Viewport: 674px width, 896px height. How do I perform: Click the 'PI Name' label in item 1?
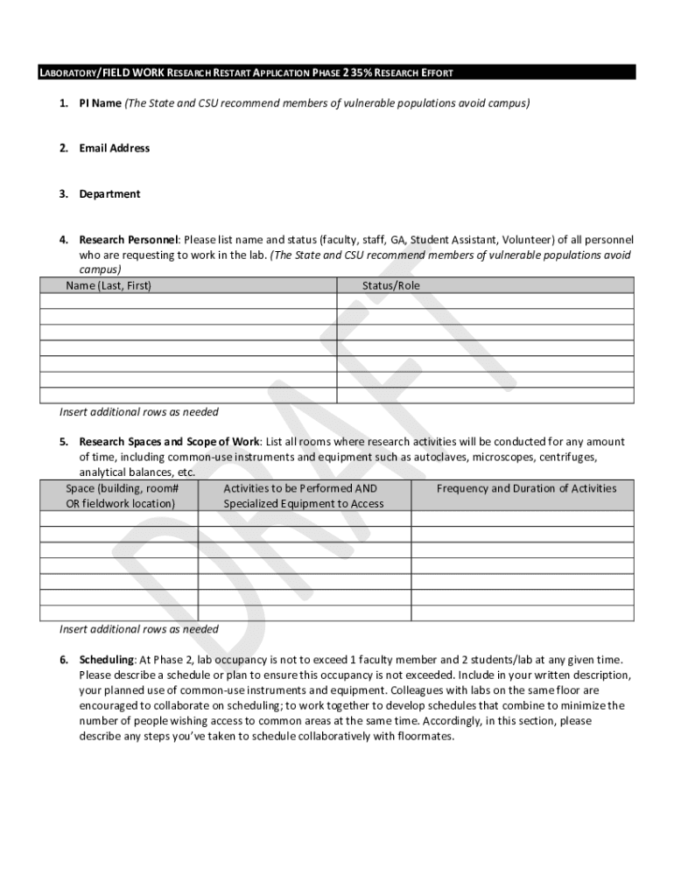click(x=100, y=103)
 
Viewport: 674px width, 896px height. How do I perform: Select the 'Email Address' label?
click(x=114, y=149)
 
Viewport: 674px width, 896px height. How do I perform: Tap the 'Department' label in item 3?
click(x=109, y=194)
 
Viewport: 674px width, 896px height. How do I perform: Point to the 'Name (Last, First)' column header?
click(x=109, y=286)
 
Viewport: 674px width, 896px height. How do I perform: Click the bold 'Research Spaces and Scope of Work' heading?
click(x=169, y=442)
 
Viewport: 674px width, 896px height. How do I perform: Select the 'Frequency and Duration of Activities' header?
click(x=526, y=489)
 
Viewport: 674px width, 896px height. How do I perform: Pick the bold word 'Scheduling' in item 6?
click(x=106, y=659)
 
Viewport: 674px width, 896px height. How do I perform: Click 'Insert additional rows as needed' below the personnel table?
click(x=138, y=412)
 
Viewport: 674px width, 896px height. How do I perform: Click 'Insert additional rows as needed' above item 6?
click(x=138, y=629)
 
